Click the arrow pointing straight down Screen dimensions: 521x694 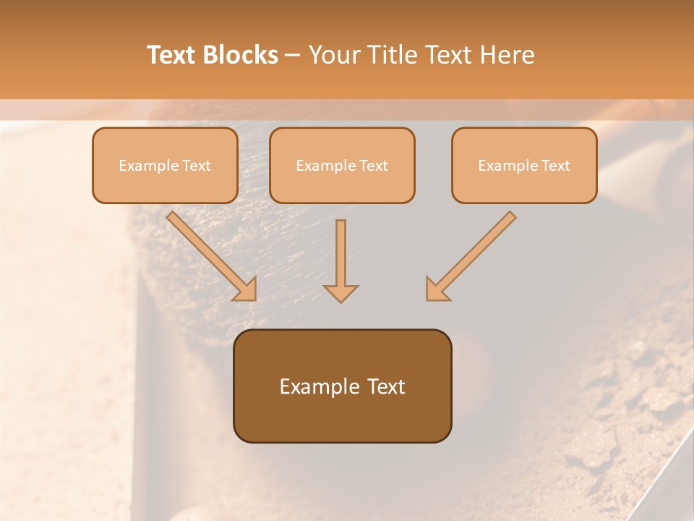coord(340,260)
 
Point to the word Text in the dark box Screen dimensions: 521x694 coord(387,386)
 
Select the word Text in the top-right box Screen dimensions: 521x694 coord(555,166)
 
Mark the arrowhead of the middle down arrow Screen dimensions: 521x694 coord(340,292)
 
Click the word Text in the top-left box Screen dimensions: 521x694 coord(197,166)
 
